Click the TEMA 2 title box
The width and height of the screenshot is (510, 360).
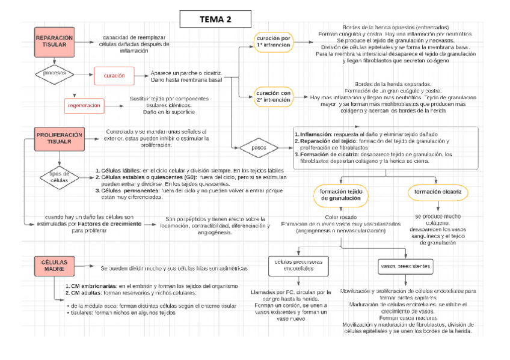coord(215,19)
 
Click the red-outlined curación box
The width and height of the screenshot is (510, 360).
coord(114,76)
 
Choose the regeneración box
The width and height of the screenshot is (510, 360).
coord(84,105)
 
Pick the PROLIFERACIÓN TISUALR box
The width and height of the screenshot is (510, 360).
coord(60,138)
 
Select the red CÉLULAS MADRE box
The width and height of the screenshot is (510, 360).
coord(55,267)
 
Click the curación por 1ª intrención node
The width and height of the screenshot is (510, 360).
coord(274,41)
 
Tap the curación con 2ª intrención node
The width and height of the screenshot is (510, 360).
coord(274,97)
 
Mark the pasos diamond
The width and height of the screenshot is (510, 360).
coord(259,147)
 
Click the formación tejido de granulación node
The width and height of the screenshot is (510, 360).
coord(340,194)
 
